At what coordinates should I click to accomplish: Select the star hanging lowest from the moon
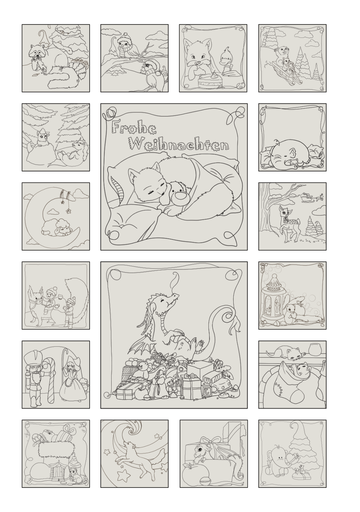tap(68, 211)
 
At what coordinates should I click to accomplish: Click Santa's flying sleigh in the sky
tap(307, 197)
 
